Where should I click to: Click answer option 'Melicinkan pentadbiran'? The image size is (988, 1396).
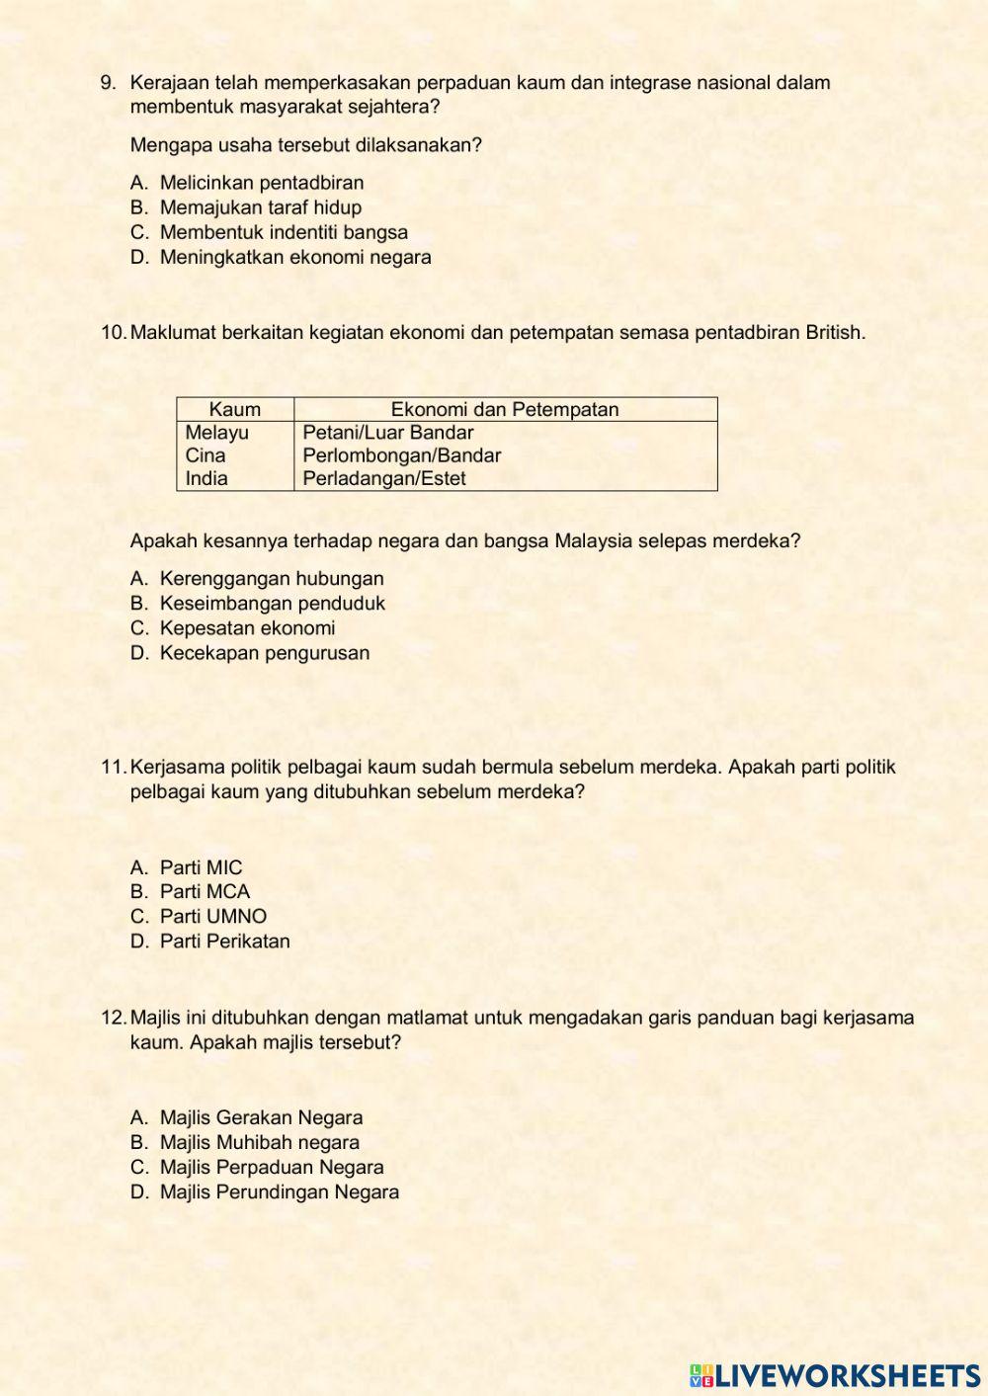tap(262, 183)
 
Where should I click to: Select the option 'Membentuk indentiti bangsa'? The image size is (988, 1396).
tap(284, 232)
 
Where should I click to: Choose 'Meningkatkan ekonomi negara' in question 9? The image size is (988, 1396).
tap(295, 257)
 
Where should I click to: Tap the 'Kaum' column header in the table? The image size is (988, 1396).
tap(235, 409)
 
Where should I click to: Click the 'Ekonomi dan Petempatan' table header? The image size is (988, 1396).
tap(505, 409)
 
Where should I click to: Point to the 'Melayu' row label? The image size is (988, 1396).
tap(217, 433)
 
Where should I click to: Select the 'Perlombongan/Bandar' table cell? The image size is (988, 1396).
tap(401, 455)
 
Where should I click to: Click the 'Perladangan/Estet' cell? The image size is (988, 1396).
tap(384, 478)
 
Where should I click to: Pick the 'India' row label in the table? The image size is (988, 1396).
tap(206, 478)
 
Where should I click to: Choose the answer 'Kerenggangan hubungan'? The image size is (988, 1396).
tap(272, 579)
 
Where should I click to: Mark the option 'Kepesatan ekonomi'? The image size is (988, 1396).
tap(247, 628)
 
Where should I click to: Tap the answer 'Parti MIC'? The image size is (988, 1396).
tap(201, 867)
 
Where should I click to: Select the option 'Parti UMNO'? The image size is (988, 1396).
tap(213, 916)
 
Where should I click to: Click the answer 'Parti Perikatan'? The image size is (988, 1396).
tap(225, 941)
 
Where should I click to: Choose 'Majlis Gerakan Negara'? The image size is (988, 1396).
tap(261, 1117)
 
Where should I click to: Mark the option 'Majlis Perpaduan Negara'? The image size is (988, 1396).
tap(272, 1167)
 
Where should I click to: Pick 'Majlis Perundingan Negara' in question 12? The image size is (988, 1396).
tap(280, 1191)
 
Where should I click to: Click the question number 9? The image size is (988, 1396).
tap(108, 83)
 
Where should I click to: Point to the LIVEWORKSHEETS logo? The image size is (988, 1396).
tap(835, 1375)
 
